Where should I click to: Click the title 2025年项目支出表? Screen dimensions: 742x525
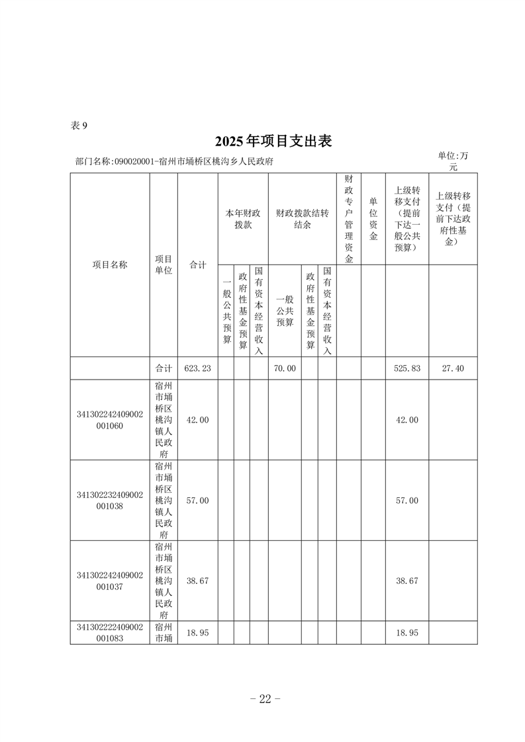tap(272, 141)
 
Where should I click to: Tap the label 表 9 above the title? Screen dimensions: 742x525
tap(78, 126)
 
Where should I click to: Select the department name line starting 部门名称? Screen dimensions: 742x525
tap(175, 161)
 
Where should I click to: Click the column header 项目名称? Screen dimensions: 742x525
tap(110, 265)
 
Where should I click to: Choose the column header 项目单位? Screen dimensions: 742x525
tap(164, 265)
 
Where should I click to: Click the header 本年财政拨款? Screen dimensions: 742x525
tap(242, 219)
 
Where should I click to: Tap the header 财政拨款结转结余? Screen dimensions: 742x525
tap(301, 219)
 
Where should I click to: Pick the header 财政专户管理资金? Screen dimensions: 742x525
tap(349, 219)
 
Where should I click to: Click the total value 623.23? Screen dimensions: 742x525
tap(198, 368)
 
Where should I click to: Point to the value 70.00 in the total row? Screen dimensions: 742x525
tap(285, 368)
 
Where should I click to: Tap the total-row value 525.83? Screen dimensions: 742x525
tap(406, 368)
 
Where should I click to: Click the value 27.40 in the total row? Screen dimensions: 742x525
tap(453, 368)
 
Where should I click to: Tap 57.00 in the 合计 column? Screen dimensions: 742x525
tap(198, 501)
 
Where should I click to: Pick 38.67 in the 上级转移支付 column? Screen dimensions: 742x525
tap(406, 581)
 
